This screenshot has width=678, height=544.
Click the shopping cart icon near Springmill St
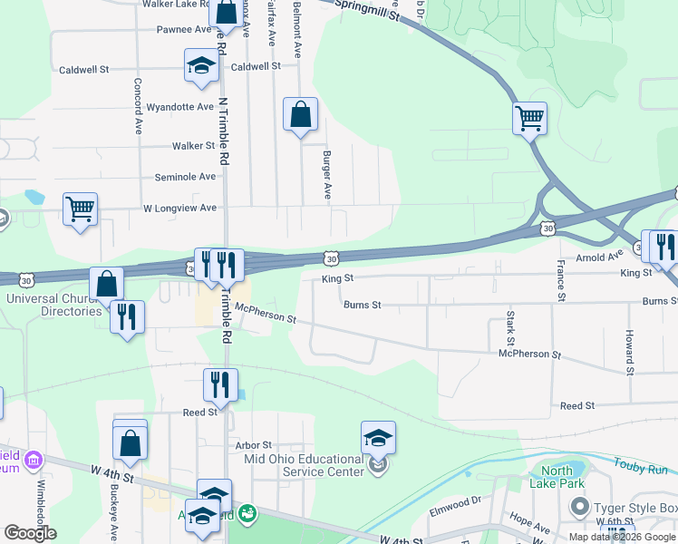coord(529,117)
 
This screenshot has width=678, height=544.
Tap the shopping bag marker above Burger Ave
coord(301,115)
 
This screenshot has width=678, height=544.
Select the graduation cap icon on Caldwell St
coord(201,65)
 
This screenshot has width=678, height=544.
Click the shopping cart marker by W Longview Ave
coord(80,209)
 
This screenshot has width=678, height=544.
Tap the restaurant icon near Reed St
coord(220,384)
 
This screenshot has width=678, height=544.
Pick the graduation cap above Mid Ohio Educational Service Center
coord(378,438)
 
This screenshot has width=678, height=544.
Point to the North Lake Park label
coord(557,477)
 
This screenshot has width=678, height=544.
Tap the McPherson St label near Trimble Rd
coord(266,314)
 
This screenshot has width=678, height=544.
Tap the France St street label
coord(561,280)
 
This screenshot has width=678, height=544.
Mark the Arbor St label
coord(253,445)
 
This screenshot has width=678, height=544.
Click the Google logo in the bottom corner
coord(30,533)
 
